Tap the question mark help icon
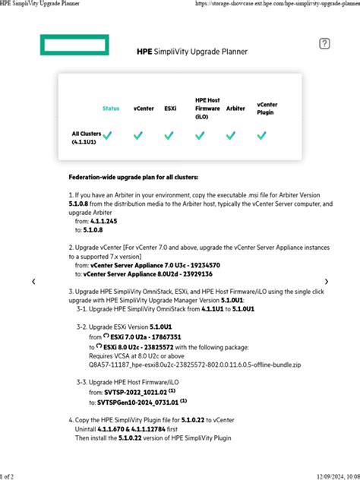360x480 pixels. click(x=324, y=44)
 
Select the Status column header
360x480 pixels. click(x=111, y=109)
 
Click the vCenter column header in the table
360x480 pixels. click(x=144, y=109)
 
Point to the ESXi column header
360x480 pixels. click(x=170, y=109)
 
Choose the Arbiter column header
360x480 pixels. click(x=235, y=109)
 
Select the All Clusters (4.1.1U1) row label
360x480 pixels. click(x=87, y=137)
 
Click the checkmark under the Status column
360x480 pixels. click(x=109, y=136)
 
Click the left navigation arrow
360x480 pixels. click(x=33, y=282)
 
